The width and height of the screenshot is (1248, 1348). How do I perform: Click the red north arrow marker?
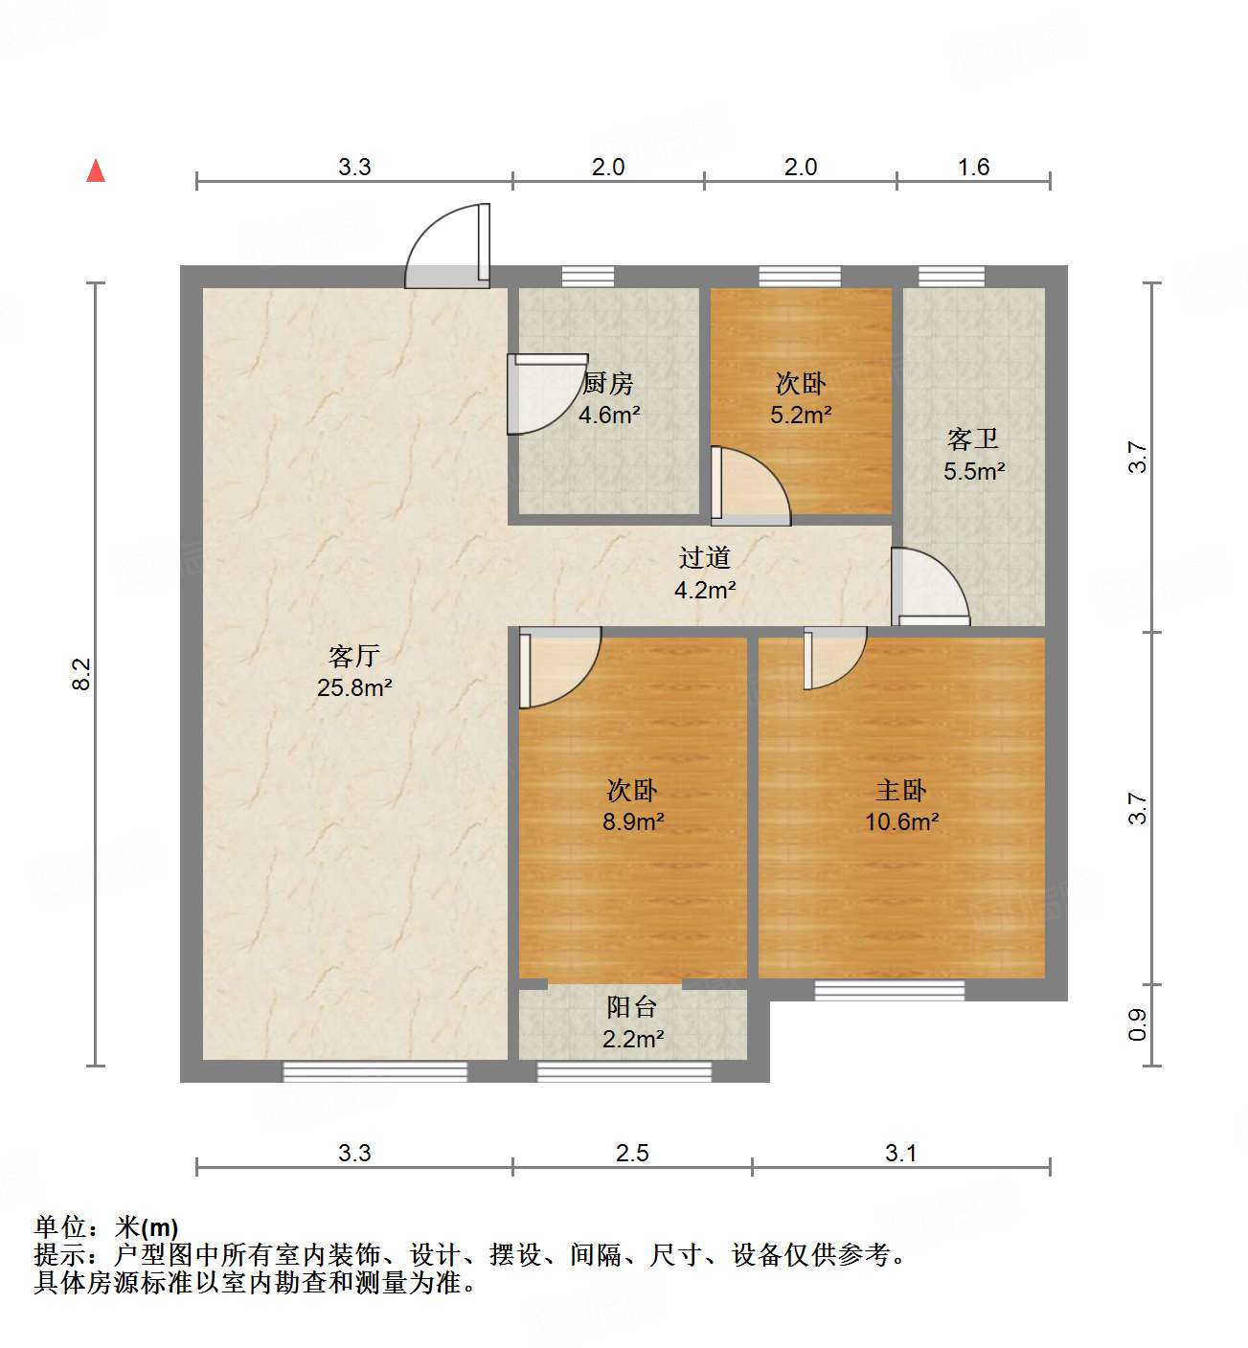[x=96, y=170]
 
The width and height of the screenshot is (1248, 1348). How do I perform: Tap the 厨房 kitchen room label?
[x=608, y=384]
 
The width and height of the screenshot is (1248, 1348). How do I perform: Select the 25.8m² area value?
[x=354, y=687]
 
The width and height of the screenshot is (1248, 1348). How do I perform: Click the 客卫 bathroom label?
[x=973, y=439]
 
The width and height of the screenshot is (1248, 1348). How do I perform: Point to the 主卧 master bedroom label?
[x=901, y=791]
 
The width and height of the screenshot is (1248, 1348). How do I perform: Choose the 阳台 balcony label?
[x=632, y=1007]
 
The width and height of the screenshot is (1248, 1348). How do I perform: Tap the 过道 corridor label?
[x=705, y=557]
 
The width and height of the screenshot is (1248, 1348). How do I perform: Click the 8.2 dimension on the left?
[x=81, y=673]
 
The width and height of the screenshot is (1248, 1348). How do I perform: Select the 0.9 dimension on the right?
[x=1138, y=1025]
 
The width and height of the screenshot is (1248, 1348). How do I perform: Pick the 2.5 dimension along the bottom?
[x=632, y=1153]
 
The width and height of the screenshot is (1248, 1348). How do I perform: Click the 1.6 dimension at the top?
[x=973, y=168]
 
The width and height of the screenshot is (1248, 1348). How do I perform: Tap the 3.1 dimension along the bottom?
[x=901, y=1153]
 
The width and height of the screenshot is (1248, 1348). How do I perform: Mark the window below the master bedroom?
[x=890, y=990]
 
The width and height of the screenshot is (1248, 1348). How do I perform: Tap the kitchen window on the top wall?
[x=588, y=277]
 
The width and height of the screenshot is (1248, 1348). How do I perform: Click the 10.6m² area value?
[x=901, y=821]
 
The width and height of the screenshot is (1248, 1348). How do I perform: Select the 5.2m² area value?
[x=801, y=416]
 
